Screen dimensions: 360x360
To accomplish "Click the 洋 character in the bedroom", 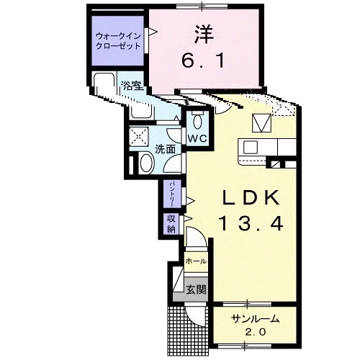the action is pos(204,35).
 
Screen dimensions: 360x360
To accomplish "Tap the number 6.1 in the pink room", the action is pos(203,60).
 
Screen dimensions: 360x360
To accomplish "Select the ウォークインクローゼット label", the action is pos(117,41).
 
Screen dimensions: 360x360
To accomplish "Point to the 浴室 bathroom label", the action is pos(132,85).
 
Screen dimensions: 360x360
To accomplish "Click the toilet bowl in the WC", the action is pos(197,121).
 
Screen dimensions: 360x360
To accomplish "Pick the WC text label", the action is pos(197,139).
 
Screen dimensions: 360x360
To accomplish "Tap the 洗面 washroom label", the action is pos(165,149).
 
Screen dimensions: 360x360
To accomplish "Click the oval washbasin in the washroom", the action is pos(146,163).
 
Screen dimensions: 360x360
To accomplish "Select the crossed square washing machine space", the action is pos(138,137).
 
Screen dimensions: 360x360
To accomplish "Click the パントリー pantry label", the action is pos(172,194).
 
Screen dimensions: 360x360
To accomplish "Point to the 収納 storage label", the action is pos(171,224).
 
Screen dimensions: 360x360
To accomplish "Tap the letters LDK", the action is pos(251,197).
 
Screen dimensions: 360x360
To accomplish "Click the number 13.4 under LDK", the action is pos(251,224).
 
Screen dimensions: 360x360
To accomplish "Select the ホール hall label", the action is pos(196,261).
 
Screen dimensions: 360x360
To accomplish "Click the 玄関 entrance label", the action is pos(197,290).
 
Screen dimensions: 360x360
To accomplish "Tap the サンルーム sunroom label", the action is pos(256,319).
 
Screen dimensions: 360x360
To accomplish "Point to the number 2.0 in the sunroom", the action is pos(256,332).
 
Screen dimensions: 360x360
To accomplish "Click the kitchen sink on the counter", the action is pos(251,147).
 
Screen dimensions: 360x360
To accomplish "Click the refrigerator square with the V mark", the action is pos(261,123).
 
